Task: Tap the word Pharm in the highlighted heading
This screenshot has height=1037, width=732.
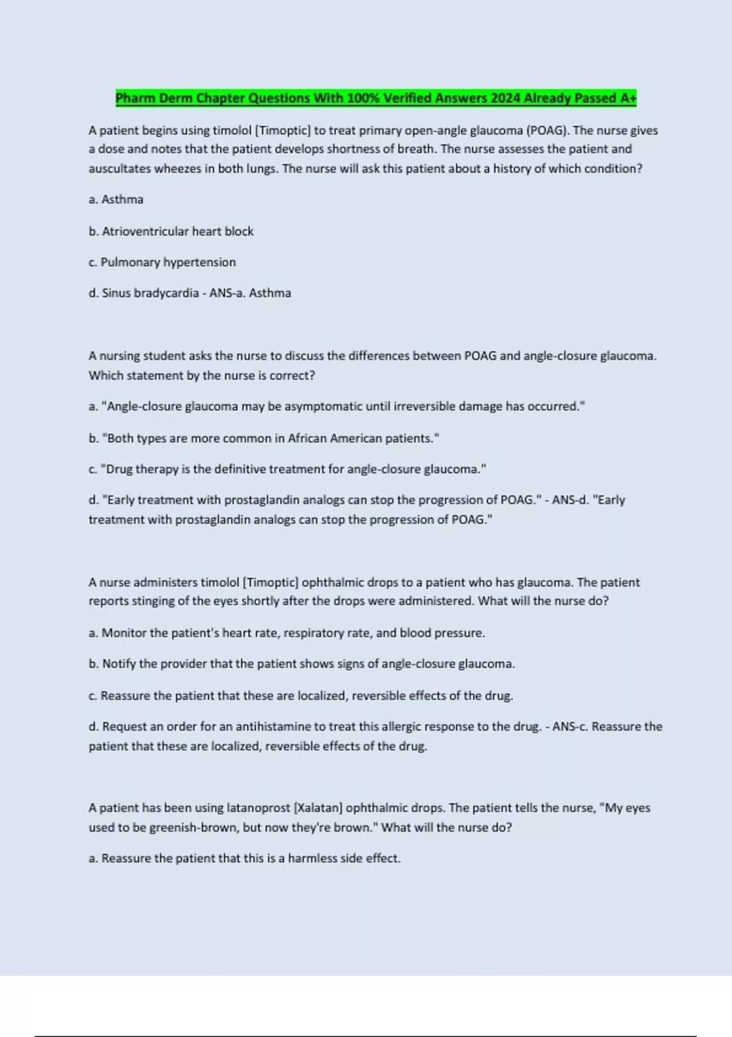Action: pos(135,98)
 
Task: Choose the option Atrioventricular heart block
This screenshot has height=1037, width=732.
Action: pos(178,232)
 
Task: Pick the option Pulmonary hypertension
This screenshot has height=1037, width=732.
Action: pos(168,262)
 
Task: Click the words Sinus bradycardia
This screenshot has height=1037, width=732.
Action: pos(150,293)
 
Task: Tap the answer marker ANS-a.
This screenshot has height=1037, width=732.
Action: pos(226,293)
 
